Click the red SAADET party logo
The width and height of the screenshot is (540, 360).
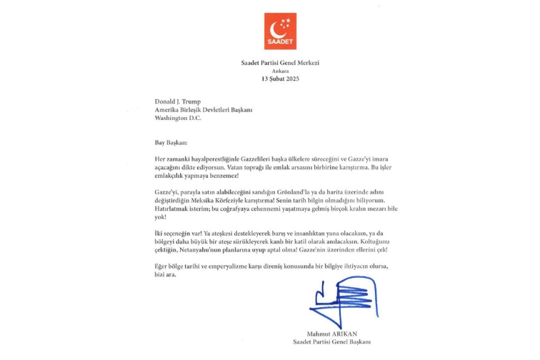(x=280, y=31)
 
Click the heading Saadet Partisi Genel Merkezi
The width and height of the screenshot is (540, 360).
(x=280, y=63)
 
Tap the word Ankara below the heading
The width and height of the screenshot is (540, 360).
(x=280, y=71)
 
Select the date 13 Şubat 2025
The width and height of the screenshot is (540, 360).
(x=280, y=79)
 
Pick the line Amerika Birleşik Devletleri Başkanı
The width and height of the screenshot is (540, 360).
(x=204, y=109)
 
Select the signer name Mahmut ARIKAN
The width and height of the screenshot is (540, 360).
(x=332, y=334)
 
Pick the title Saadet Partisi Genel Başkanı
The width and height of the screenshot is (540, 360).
(x=332, y=342)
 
